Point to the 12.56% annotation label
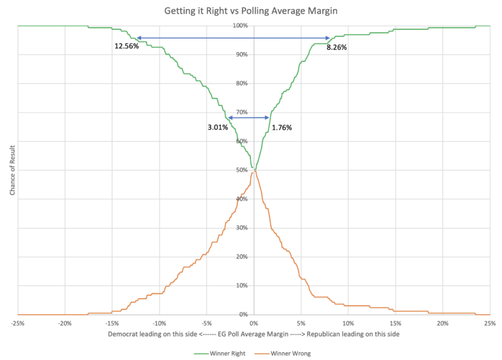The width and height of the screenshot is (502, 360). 127,46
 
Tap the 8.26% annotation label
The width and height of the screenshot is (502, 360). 337,47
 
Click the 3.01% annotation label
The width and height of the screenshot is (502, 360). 218,127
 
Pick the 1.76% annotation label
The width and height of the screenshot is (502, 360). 282,127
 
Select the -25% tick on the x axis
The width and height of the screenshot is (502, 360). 18,323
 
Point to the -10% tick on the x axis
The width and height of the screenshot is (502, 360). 159,323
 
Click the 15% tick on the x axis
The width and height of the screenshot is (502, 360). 395,323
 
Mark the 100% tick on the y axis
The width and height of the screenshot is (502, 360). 240,25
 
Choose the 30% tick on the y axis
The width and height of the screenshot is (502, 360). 241,228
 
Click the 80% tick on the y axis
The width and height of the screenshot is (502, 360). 241,84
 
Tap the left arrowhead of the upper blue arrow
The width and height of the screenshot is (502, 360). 138,39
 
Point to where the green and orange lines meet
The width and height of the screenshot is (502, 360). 254,170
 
